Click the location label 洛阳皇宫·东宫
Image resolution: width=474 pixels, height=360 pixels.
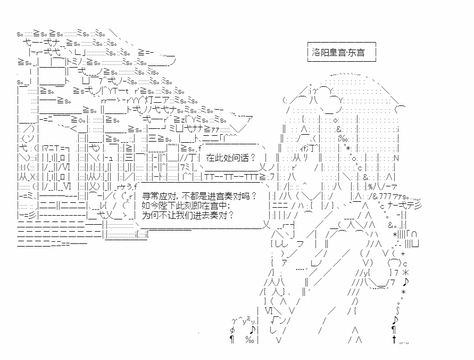point(342,53)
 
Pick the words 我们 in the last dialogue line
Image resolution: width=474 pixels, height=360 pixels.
point(193,216)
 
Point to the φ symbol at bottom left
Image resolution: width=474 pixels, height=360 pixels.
point(232,330)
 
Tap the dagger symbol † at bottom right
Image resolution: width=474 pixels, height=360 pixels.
point(394,340)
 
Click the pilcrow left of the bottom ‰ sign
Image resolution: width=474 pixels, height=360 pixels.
point(232,340)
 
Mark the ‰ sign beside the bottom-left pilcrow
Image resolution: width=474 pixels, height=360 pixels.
point(249,340)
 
